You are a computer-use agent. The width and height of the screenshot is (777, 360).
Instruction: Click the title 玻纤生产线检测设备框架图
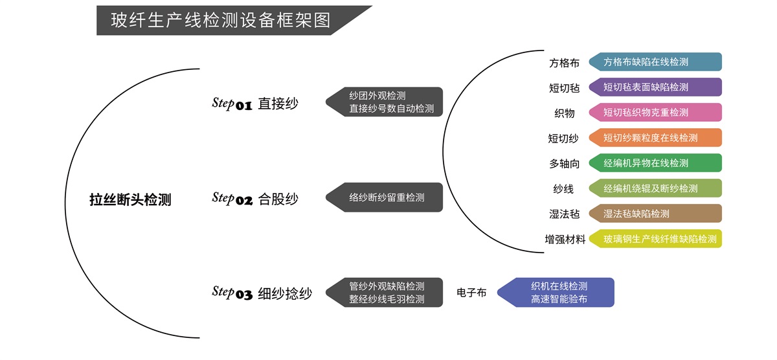220,20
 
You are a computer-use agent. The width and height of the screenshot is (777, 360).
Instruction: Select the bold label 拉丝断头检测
130,199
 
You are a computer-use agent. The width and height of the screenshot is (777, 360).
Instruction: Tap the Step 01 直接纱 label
255,104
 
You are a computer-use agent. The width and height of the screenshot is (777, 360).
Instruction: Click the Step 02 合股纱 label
255,199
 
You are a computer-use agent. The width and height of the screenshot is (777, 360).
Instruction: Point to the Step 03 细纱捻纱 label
262,293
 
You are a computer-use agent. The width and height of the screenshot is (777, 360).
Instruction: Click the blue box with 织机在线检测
557,293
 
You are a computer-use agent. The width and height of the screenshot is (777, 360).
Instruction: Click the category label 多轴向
565,164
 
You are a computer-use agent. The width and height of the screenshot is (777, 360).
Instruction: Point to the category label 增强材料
565,240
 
